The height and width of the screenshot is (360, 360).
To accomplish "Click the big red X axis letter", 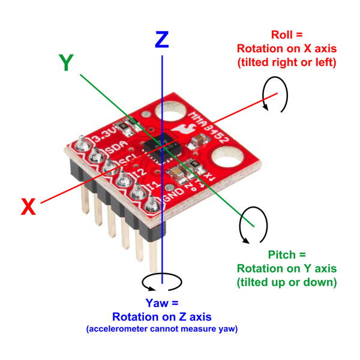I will (28, 207).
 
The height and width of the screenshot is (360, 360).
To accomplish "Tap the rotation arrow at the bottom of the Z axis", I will (161, 281).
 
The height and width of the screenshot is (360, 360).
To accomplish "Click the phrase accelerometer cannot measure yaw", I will (161, 329).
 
